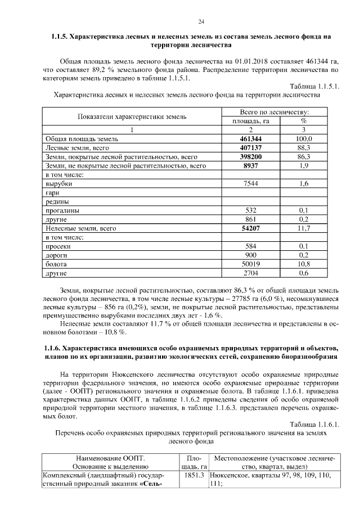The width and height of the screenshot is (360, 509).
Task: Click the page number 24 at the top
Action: tap(201, 22)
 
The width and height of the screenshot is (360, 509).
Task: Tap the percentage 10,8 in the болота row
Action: tap(304, 264)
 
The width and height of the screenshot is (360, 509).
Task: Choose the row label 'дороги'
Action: tap(56, 256)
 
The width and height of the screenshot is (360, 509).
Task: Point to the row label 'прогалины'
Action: tap(61, 211)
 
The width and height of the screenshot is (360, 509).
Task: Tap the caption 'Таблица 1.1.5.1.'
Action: tap(313, 86)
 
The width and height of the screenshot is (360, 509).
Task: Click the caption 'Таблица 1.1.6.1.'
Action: tap(313, 423)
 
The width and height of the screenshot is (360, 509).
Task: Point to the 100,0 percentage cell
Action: tap(304, 138)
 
